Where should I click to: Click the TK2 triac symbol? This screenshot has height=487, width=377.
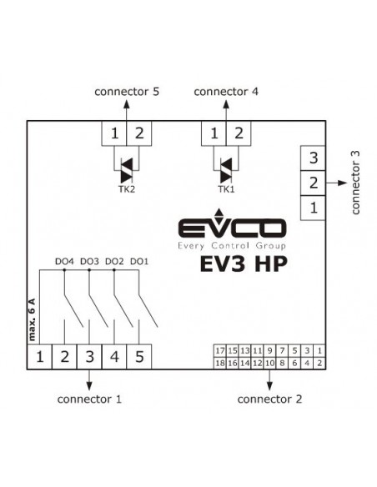point(127,170)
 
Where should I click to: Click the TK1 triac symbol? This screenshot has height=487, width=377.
point(226,170)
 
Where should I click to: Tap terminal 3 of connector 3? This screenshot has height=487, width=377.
point(313,158)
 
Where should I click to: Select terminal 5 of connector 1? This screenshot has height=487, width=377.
point(139,357)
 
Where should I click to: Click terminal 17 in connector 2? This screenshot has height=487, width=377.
point(220,350)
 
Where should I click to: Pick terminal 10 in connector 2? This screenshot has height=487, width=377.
point(269,363)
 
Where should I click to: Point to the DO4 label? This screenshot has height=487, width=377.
point(64,262)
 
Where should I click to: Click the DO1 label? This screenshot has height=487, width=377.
point(139,262)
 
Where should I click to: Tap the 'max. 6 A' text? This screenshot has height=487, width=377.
point(32,319)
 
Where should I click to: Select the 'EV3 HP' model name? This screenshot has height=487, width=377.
point(244,264)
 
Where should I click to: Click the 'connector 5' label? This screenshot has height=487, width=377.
point(127,92)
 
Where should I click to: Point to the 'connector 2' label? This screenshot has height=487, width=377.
point(269,399)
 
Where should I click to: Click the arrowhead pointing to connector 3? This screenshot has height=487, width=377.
point(342,183)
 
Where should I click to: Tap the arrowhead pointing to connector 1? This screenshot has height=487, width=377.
point(89,386)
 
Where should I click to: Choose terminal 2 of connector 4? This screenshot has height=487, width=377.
point(239,133)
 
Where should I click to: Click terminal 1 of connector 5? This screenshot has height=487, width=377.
point(114,133)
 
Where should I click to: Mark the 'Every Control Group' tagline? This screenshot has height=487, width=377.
point(232,246)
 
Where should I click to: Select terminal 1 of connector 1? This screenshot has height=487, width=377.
point(39,357)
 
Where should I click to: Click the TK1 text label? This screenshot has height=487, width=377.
point(226,188)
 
